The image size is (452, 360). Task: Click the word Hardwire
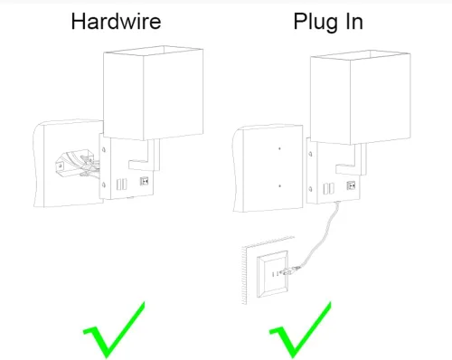116,21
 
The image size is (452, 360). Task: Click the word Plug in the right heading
317,23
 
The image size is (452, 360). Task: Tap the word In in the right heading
354,21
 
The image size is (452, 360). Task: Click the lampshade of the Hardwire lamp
153,93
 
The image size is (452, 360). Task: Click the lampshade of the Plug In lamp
361,97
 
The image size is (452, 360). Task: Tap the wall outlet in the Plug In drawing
272,274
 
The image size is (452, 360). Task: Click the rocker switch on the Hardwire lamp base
145,181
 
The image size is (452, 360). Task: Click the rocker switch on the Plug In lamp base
351,185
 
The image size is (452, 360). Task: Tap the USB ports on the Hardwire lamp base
121,185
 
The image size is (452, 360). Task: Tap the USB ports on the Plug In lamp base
328,188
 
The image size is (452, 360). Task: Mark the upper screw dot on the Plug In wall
279,148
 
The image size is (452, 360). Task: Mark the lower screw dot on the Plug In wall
279,185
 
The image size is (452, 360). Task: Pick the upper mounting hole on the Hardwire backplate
104,149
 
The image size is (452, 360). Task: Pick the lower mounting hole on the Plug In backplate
310,190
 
